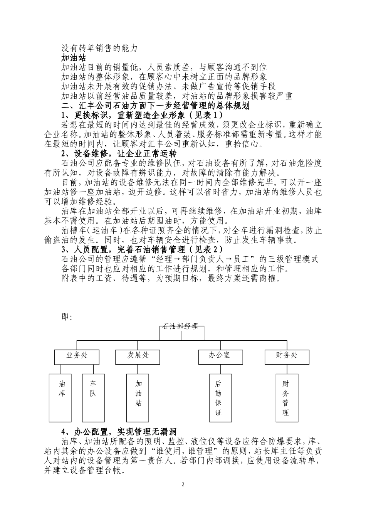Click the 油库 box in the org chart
(62, 398)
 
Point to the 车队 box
(93, 398)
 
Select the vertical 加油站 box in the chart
(138, 398)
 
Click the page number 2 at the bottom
(183, 484)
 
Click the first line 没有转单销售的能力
(99, 48)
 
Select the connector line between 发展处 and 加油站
(138, 369)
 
